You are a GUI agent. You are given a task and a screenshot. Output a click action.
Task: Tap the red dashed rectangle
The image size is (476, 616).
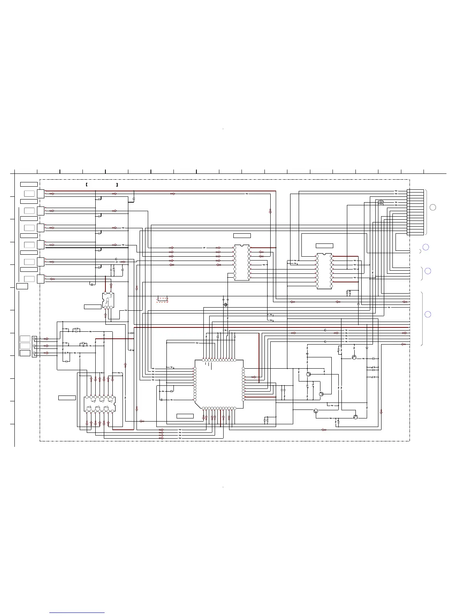163,299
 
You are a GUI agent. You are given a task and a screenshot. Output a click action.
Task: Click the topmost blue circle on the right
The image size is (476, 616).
433,207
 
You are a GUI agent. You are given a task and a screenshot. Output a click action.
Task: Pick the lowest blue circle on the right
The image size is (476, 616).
427,314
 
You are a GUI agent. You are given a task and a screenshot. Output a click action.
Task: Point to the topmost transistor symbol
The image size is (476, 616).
354,357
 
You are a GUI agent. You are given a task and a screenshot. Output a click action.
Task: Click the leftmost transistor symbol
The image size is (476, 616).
308,374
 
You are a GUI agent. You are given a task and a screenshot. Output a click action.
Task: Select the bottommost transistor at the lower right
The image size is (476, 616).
355,417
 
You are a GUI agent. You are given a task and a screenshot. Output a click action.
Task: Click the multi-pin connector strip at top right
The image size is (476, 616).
415,212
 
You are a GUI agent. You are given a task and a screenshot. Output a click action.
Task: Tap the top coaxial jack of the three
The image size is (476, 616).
35,339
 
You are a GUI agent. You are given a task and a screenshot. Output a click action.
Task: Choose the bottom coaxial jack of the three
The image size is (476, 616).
35,353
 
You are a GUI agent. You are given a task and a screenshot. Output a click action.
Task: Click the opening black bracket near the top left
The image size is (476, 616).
86,184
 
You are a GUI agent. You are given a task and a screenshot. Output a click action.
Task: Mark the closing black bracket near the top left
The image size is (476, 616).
117,184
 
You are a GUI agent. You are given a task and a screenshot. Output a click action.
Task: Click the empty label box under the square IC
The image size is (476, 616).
185,416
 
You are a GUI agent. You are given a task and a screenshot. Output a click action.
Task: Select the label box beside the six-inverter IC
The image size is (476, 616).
67,397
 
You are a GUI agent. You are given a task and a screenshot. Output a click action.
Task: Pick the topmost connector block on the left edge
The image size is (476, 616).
40,194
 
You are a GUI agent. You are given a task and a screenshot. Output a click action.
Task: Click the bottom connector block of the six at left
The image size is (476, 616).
40,279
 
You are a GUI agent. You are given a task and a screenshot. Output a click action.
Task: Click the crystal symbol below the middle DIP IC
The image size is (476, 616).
225,304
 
